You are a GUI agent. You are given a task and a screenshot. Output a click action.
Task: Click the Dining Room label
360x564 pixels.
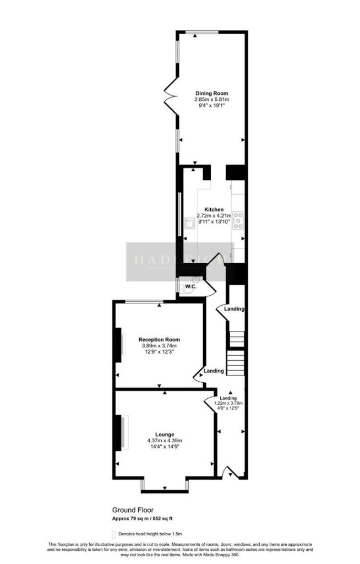click(x=211, y=93)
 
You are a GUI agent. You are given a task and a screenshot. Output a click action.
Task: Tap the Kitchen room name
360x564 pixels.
click(x=214, y=210)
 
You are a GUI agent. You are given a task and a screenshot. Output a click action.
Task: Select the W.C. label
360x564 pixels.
click(x=191, y=287)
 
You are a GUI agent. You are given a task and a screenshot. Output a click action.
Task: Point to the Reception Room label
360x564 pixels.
click(x=159, y=339)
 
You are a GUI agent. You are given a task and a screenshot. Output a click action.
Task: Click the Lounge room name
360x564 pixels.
click(x=165, y=435)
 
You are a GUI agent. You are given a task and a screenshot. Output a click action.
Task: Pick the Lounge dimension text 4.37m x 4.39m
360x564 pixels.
click(x=165, y=441)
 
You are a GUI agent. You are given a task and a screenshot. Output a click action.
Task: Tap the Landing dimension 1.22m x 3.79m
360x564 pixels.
click(x=228, y=403)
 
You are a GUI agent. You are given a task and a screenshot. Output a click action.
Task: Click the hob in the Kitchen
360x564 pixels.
click(x=239, y=220)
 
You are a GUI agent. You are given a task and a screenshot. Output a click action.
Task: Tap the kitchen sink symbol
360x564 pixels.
click(x=190, y=223)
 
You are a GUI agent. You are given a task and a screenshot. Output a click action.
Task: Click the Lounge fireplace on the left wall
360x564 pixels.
click(x=119, y=433)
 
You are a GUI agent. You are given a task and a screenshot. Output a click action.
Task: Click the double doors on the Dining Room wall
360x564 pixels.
click(x=171, y=97)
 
